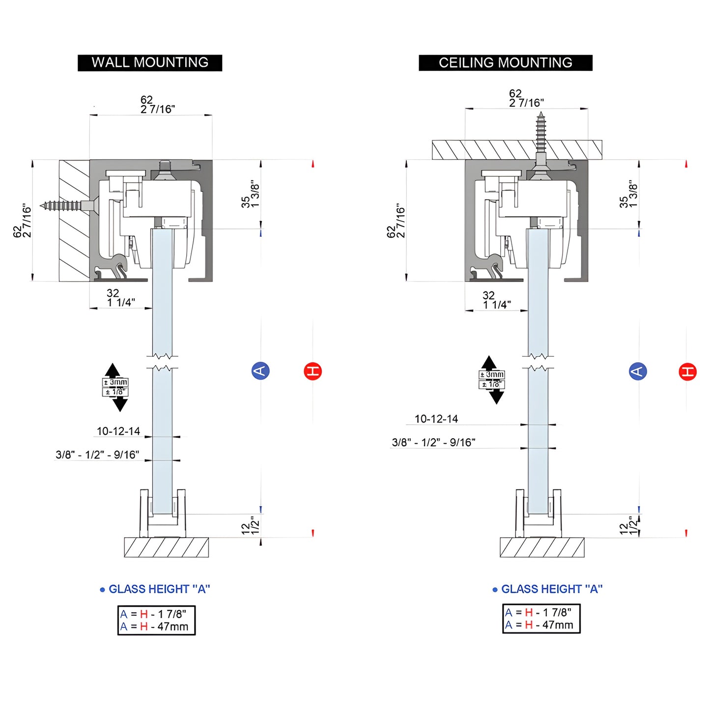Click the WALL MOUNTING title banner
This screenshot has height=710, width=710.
150,63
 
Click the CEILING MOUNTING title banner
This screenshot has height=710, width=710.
505,63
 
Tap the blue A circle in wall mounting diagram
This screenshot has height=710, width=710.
260,370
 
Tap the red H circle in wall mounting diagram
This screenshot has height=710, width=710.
312,371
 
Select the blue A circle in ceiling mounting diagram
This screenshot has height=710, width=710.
638,371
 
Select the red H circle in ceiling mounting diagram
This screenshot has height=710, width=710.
687,371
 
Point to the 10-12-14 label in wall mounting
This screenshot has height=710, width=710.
118,431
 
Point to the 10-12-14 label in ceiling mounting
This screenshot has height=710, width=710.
436,419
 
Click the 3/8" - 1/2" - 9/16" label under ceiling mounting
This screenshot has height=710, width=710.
433,443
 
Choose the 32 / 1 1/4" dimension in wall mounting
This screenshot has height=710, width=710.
120,298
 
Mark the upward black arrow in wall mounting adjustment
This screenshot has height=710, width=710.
113,370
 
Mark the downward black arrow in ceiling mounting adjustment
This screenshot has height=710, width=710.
496,397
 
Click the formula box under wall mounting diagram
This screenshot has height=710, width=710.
156,620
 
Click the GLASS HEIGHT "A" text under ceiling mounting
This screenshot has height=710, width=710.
551,589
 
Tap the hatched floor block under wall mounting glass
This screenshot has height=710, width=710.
166,547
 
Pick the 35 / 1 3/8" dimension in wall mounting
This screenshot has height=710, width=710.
250,194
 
